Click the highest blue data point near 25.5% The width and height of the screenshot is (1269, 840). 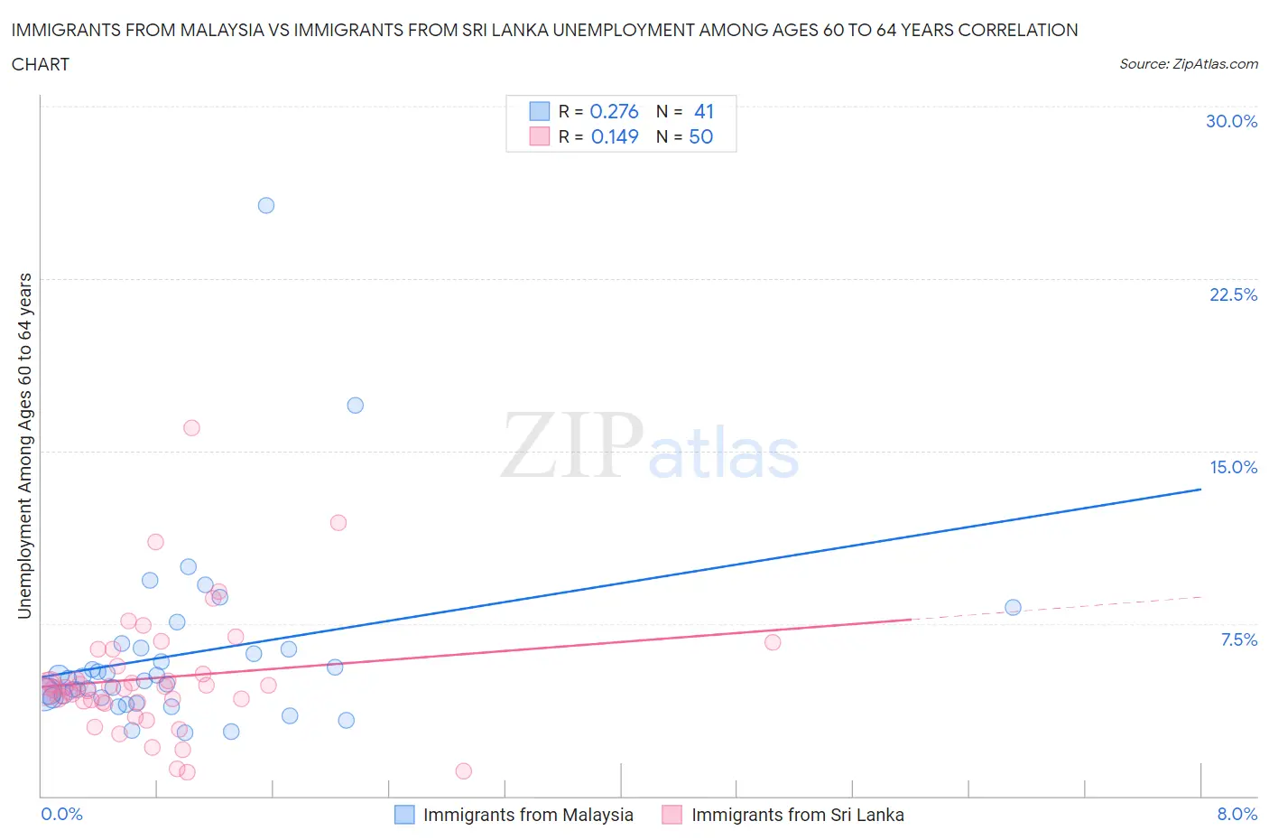(x=266, y=205)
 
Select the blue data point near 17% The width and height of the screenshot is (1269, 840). (x=356, y=406)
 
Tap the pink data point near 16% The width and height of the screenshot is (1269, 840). (x=191, y=428)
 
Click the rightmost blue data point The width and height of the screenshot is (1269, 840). (x=1013, y=607)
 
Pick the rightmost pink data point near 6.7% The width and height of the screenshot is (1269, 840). (x=773, y=642)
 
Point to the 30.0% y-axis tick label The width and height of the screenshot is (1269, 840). (x=1231, y=121)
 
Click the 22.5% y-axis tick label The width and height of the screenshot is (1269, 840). (x=1233, y=294)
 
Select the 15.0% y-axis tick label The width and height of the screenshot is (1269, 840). (x=1233, y=467)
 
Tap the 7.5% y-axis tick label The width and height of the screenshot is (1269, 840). (x=1238, y=639)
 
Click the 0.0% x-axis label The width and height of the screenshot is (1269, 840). (x=61, y=814)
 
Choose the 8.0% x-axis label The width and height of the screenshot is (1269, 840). (x=1237, y=814)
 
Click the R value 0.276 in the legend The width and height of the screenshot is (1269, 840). (x=614, y=111)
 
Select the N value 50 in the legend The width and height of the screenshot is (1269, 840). (x=700, y=136)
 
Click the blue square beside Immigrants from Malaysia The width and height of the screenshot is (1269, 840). (x=404, y=815)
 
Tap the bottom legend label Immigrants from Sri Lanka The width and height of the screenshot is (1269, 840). (x=797, y=815)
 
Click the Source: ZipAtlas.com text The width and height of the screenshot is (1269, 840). (x=1188, y=64)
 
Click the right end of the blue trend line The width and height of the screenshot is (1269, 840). (x=1200, y=490)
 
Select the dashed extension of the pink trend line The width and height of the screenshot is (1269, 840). (x=1056, y=608)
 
